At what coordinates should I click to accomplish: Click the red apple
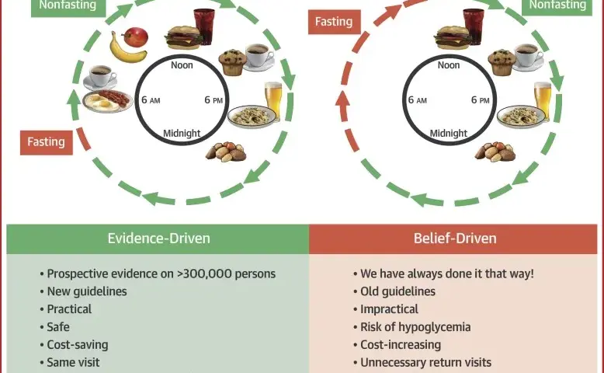(x=135, y=37)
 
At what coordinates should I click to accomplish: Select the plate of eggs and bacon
(x=107, y=101)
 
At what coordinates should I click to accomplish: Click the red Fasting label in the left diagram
(x=47, y=142)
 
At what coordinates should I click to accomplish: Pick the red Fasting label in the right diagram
(x=334, y=22)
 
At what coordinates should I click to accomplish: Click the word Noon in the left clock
(x=182, y=65)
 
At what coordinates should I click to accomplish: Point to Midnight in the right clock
(x=449, y=134)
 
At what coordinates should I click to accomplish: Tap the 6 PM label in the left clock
(x=213, y=100)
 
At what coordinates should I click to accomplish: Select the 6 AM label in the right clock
(x=418, y=100)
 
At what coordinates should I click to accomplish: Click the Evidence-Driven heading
(x=158, y=239)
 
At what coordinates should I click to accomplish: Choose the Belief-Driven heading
(x=455, y=239)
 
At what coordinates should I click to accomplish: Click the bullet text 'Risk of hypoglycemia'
(x=415, y=327)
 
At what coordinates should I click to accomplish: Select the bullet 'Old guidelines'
(x=397, y=291)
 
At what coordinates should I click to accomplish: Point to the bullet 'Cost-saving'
(x=78, y=345)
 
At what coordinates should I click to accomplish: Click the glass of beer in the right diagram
(x=543, y=100)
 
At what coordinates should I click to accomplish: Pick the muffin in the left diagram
(x=233, y=62)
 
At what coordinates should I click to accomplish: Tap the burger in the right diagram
(x=453, y=37)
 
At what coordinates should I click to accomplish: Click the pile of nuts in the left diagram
(x=226, y=152)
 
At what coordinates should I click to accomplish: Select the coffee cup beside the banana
(x=100, y=76)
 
